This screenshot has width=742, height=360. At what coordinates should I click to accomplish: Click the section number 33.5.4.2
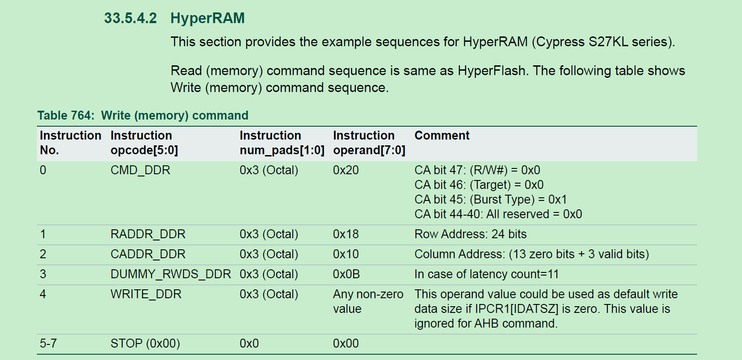click(x=130, y=18)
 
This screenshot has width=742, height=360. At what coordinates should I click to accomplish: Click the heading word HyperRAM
click(x=207, y=18)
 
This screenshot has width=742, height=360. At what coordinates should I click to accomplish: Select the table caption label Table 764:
click(x=66, y=116)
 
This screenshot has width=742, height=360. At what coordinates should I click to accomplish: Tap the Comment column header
click(x=442, y=136)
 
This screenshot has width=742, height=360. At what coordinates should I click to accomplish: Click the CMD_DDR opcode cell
click(x=140, y=170)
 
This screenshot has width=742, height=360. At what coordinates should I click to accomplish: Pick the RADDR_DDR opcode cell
click(x=148, y=234)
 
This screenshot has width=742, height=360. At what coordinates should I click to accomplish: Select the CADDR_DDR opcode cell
click(x=148, y=254)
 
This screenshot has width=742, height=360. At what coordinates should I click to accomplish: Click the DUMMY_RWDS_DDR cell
click(x=171, y=274)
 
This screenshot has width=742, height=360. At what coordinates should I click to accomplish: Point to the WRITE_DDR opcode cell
click(x=146, y=294)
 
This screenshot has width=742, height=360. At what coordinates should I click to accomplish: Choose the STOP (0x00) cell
click(x=145, y=344)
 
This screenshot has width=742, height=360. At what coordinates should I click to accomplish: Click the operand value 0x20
click(x=346, y=170)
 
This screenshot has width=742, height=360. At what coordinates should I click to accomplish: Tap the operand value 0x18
click(x=346, y=234)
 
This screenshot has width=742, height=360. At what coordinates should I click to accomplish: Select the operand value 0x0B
click(x=346, y=274)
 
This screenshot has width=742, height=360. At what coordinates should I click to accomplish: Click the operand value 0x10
click(x=346, y=254)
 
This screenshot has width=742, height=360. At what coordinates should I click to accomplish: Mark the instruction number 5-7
click(x=48, y=344)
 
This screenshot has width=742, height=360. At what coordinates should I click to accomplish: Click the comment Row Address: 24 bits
click(x=470, y=234)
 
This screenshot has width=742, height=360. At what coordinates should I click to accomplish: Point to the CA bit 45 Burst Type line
click(x=490, y=200)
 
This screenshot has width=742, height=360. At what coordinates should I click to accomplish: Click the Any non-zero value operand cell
click(x=368, y=301)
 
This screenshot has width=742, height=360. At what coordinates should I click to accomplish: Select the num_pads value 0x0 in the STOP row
click(x=249, y=344)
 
